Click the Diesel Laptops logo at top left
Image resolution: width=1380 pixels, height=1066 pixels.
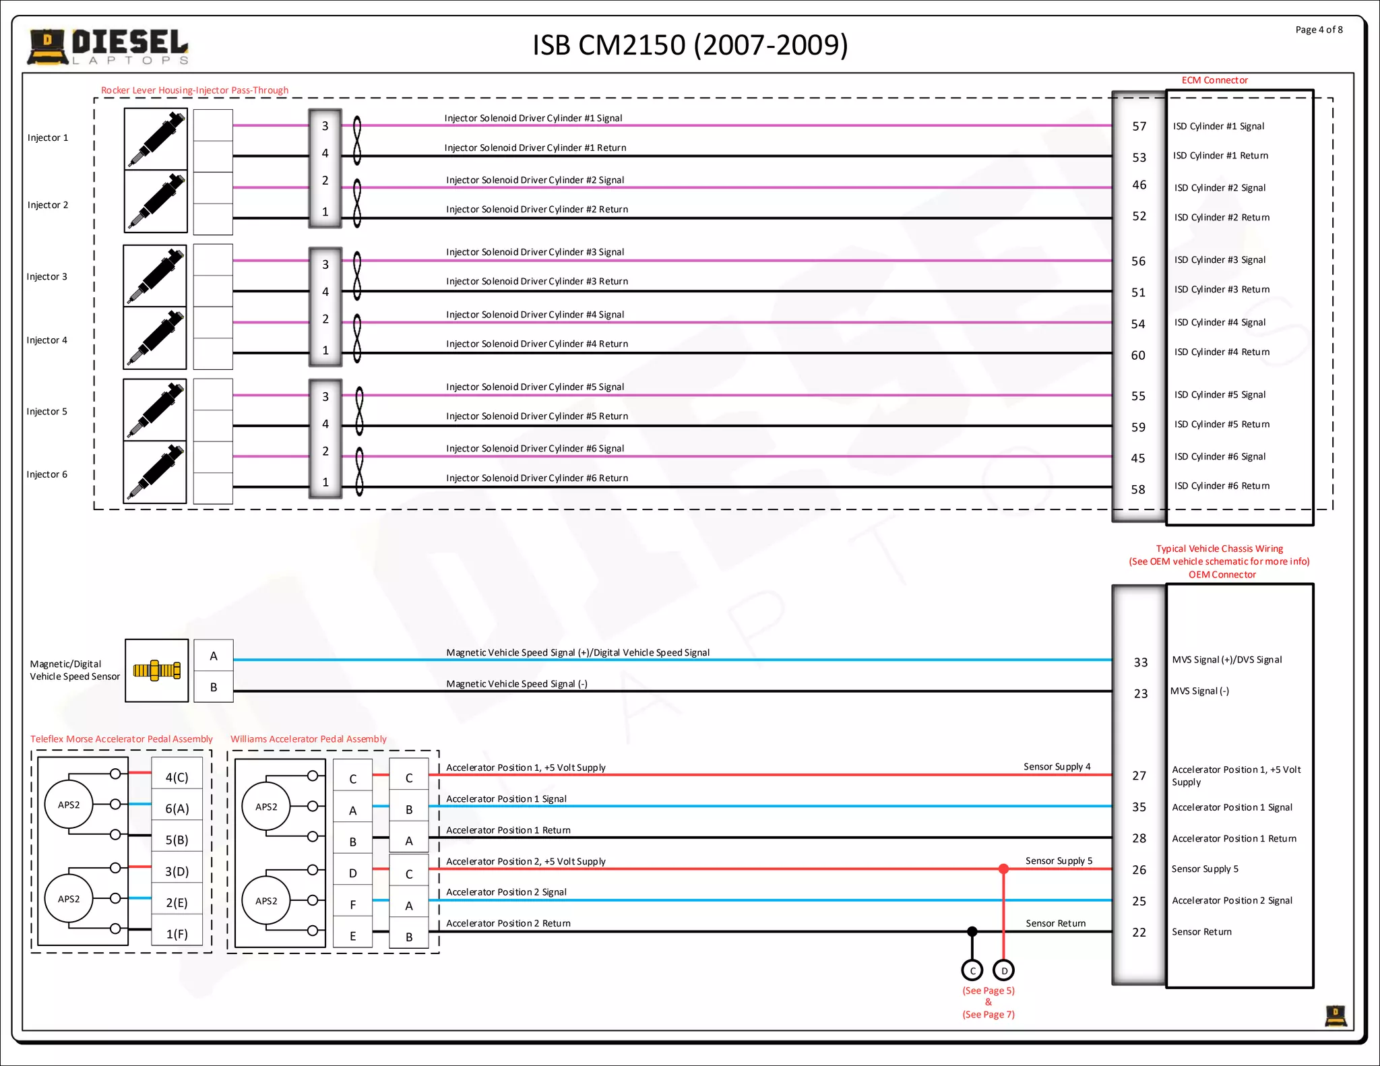(108, 46)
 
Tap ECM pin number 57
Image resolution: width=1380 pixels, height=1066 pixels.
(1139, 127)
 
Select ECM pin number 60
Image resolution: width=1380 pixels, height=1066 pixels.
(1138, 355)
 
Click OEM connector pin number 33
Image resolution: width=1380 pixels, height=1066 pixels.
(1140, 662)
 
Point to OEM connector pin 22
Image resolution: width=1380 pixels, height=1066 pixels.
(1139, 933)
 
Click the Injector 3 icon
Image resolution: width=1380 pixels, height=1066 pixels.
(155, 276)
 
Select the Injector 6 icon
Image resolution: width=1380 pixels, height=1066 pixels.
(155, 473)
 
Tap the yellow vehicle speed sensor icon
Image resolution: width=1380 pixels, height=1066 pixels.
(156, 670)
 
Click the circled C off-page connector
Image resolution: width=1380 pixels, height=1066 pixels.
(972, 970)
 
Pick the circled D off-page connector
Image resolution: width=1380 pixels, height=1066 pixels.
(1004, 970)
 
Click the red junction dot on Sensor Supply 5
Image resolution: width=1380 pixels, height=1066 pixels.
(1004, 869)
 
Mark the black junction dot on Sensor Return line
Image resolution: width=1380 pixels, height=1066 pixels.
(972, 931)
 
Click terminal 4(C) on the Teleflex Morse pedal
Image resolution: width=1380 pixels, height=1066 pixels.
(177, 778)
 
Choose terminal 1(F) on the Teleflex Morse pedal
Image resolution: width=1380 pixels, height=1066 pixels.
(177, 934)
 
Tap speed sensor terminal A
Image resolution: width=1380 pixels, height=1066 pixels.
(214, 656)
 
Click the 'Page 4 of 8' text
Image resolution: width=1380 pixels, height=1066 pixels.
(1319, 30)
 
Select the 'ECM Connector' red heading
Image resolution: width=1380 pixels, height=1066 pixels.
(1214, 80)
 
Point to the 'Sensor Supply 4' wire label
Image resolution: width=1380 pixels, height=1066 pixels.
(1057, 767)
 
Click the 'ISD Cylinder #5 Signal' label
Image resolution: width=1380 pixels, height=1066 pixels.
(1220, 395)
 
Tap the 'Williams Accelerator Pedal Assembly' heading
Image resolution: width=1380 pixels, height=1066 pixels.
(309, 739)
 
